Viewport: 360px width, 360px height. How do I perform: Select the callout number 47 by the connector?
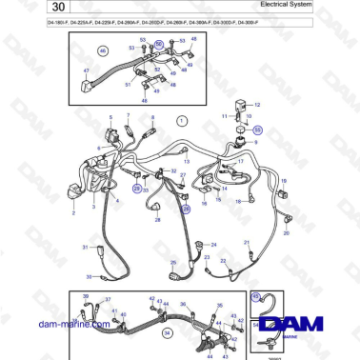[85, 71]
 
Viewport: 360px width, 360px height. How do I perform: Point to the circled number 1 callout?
[183, 121]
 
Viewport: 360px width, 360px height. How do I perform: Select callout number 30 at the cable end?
[89, 277]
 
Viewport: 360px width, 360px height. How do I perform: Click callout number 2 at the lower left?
[73, 213]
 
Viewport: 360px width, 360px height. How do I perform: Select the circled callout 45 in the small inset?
[254, 295]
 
